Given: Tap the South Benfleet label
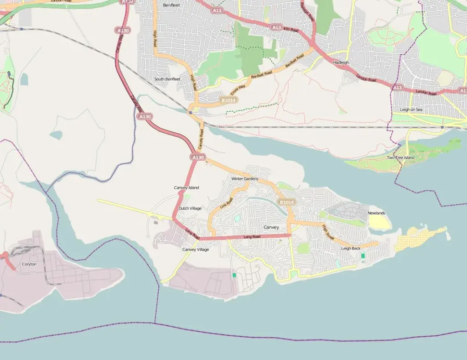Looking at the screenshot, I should [167, 79].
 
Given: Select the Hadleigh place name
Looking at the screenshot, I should [341, 62].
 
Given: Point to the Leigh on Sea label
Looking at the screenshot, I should [411, 110].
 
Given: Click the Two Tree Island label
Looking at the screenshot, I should [400, 157].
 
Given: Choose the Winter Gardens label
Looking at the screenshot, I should [244, 178].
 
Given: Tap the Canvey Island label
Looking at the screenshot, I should [187, 188].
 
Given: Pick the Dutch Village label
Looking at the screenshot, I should [190, 208].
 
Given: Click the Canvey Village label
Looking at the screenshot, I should [196, 249].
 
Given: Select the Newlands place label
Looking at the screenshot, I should [377, 213].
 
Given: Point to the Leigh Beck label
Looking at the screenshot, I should [351, 248].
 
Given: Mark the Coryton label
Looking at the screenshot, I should [29, 264].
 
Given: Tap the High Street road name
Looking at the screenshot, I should [328, 232].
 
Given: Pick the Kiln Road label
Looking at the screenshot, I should [291, 30].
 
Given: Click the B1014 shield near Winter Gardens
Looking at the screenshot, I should [287, 202].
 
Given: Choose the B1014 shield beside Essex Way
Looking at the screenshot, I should [228, 100].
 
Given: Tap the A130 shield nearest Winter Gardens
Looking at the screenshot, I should [197, 157].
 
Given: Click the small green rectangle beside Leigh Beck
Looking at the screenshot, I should [363, 256].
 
